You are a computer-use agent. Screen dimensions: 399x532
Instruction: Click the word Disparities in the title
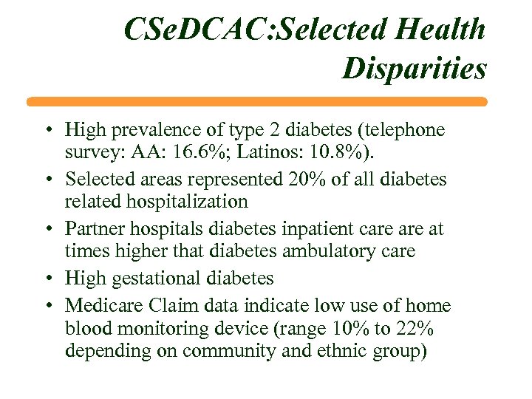[x=415, y=69]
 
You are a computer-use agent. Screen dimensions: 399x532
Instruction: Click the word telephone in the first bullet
[x=399, y=131]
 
